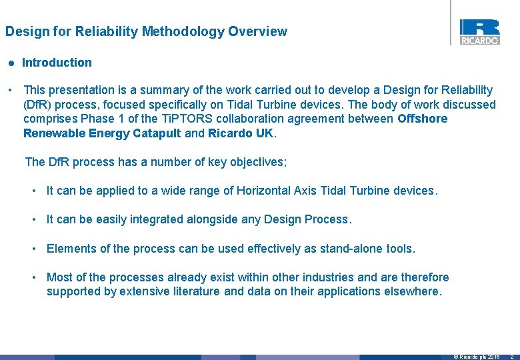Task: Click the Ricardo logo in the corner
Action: (479, 31)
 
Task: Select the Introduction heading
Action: (57, 63)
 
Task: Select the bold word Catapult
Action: (156, 133)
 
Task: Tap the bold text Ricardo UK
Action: (241, 133)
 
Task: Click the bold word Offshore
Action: (422, 119)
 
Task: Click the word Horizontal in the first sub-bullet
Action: (263, 191)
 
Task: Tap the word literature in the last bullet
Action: (194, 291)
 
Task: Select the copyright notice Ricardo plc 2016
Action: (477, 357)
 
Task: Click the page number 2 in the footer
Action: (511, 357)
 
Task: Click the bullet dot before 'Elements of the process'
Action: (34, 249)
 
